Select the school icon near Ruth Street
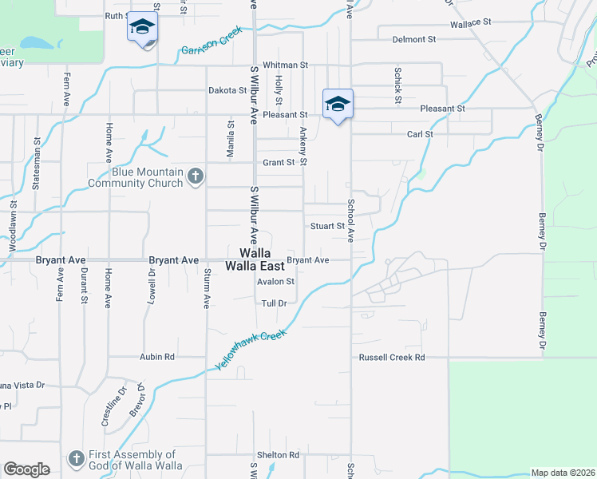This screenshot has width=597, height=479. point(143,29)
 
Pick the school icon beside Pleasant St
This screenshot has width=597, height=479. point(338,104)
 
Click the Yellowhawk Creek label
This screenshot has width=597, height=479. point(250,349)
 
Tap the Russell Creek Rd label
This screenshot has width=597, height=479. point(391,358)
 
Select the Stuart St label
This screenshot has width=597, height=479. point(326,226)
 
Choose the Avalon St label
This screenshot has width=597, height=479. point(275,282)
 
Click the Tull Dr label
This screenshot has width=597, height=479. point(273,303)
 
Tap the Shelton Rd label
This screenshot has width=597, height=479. point(283,455)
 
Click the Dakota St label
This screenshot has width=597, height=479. point(227,90)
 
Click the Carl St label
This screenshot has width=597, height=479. point(420,134)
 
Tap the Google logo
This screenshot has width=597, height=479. point(26,469)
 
